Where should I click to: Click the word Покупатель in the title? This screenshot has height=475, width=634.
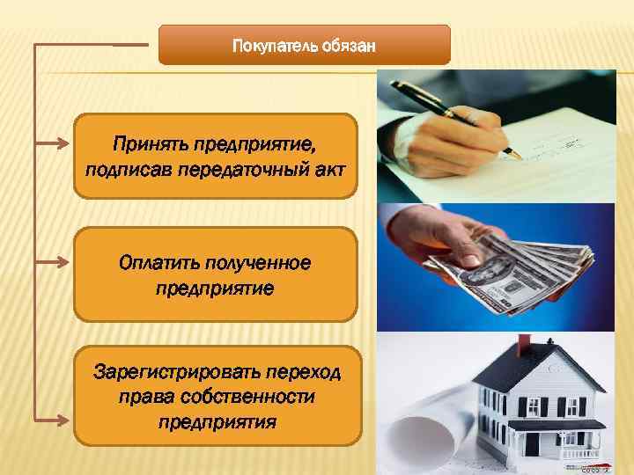[269, 45]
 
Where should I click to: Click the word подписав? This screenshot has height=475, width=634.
[129, 167]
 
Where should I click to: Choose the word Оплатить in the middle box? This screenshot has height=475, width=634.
[158, 263]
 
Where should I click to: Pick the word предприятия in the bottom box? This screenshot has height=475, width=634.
[217, 421]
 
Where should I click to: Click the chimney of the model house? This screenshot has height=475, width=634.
[525, 345]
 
